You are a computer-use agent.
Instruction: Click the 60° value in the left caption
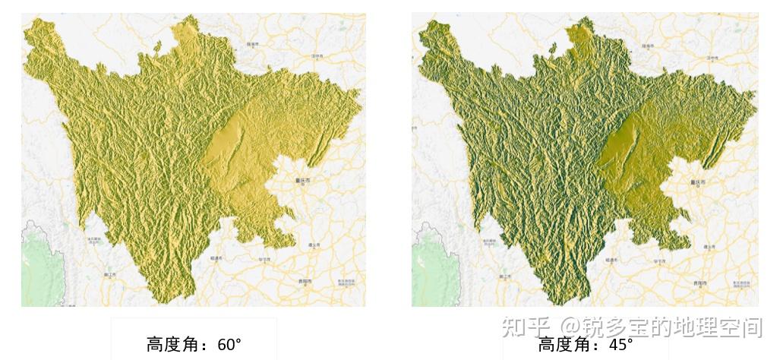point(229,344)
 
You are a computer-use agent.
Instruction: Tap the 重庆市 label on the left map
point(302,181)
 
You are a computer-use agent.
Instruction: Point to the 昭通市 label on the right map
point(612,259)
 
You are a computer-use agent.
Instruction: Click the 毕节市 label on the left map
point(266,259)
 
